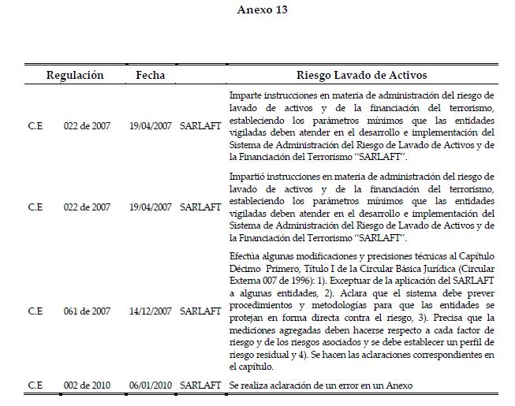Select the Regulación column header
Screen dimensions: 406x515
tap(75, 75)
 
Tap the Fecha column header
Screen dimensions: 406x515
tap(150, 75)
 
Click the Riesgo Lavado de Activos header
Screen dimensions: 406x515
tap(361, 75)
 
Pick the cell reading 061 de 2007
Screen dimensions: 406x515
tap(88, 312)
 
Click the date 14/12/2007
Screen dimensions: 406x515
tap(150, 312)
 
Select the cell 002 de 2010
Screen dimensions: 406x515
tap(88, 384)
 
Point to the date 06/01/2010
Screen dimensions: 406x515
tap(150, 384)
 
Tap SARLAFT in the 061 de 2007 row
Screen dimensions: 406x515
tap(200, 312)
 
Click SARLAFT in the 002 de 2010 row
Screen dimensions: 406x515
tap(200, 384)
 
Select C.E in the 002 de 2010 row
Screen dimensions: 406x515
tap(35, 384)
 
